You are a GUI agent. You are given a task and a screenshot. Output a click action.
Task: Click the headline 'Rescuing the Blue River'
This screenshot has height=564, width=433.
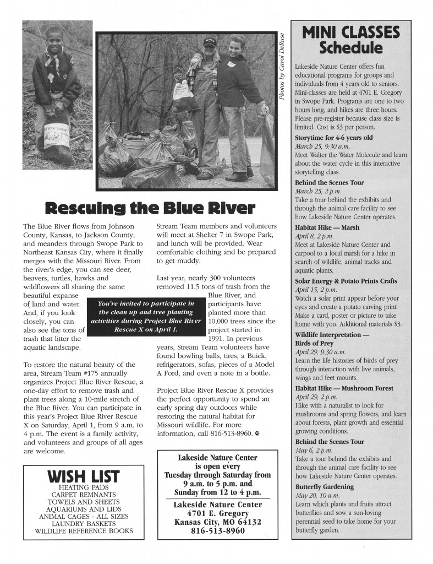149,209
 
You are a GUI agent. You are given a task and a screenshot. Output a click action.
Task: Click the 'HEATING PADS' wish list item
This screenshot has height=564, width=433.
84,487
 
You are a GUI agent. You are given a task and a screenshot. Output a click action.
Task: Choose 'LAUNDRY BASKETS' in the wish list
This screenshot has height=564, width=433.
84,523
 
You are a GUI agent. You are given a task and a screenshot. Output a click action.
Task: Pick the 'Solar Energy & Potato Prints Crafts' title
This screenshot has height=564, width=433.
346,281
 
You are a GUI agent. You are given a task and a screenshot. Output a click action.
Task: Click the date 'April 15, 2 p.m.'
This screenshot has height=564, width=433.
317,290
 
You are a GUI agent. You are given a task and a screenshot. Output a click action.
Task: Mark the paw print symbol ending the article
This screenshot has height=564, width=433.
257,434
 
